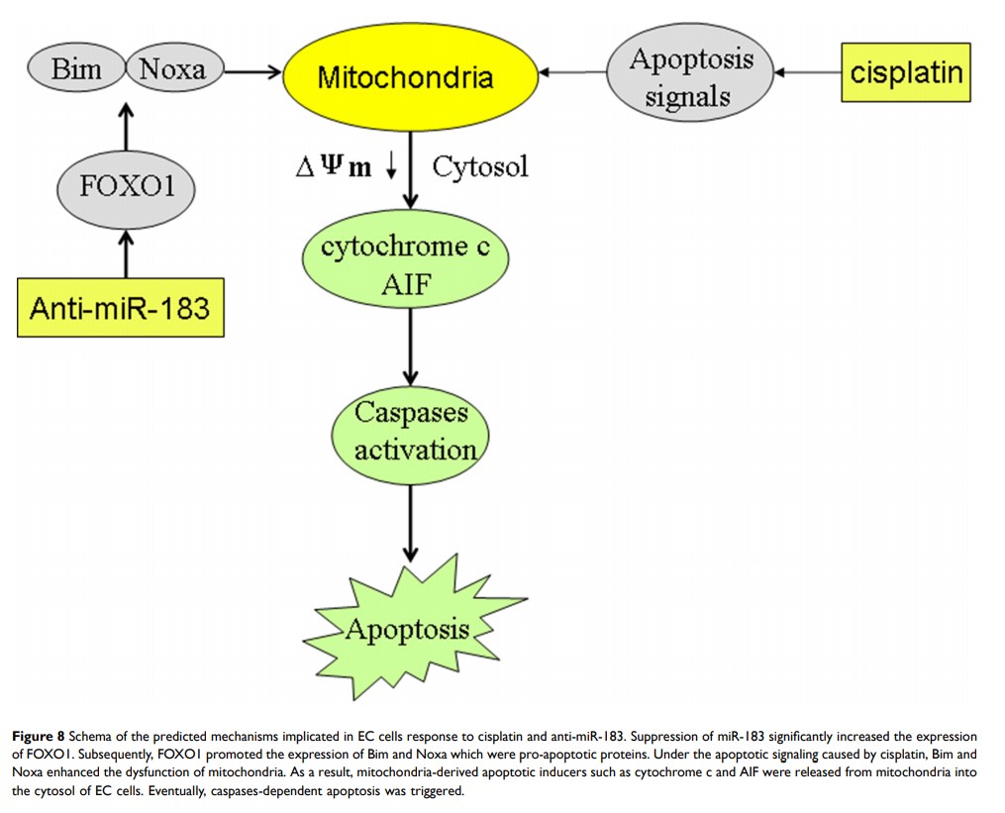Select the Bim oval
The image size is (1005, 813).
76,69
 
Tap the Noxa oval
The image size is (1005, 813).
171,69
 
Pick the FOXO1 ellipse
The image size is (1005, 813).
125,185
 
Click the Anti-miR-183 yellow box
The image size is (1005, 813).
119,307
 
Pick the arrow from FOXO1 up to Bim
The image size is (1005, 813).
126,126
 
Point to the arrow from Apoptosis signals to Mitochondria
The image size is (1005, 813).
571,71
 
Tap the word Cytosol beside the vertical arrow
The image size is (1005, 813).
480,165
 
